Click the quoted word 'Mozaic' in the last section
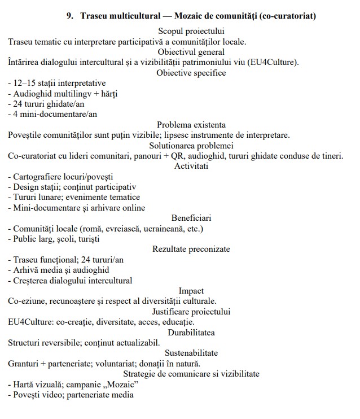[x=121, y=385]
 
